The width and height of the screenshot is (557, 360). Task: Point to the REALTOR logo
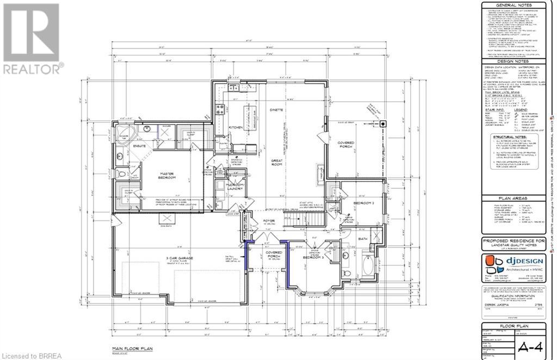tap(33, 38)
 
